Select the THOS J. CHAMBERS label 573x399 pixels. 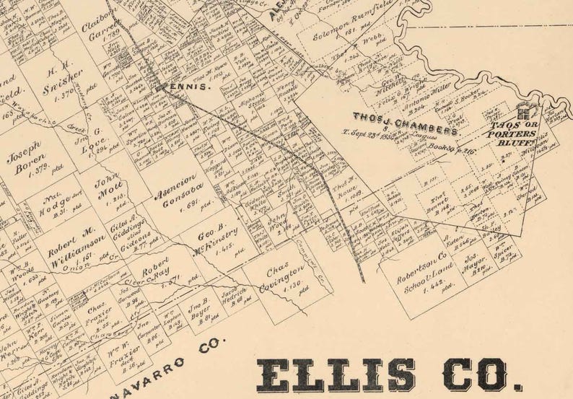pos(406,123)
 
